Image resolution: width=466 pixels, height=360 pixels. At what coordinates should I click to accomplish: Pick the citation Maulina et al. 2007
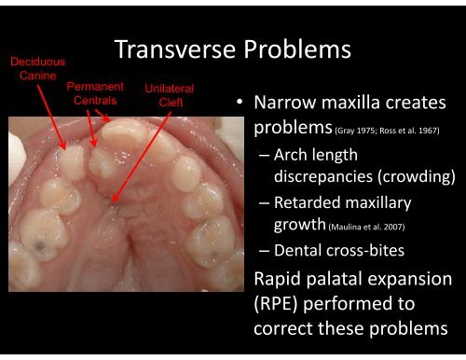tap(365, 224)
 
